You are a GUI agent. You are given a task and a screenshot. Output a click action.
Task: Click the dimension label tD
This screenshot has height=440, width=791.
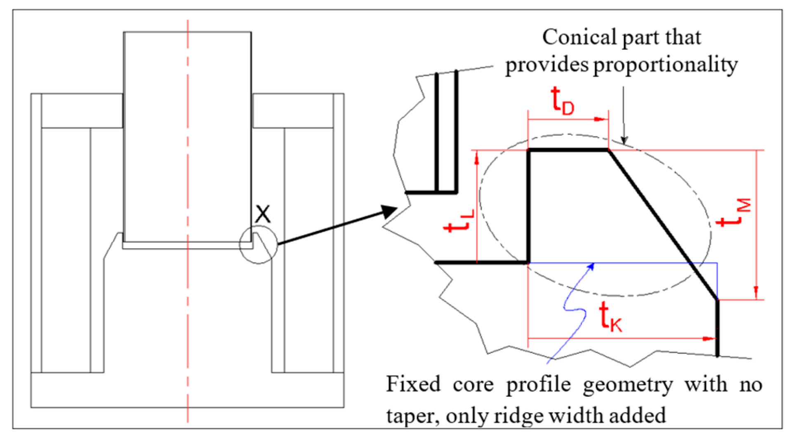coord(562,101)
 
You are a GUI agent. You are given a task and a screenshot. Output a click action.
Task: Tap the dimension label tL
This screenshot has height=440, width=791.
coord(459,222)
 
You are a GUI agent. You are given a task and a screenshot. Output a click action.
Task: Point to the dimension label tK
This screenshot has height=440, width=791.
coord(610,316)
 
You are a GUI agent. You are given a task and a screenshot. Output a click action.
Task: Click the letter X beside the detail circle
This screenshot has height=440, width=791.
coord(263,214)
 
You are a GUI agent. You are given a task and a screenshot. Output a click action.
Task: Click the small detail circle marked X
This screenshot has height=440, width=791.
coord(258,245)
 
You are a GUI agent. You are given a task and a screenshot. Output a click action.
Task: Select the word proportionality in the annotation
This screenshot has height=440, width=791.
coord(665,65)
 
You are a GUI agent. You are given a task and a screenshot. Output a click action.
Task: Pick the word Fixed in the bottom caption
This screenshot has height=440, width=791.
coord(413,384)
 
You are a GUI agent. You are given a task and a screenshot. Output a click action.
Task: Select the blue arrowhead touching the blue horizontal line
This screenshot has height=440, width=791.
coord(591,266)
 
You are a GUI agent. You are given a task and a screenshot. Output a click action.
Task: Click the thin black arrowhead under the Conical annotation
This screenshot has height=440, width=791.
coord(624,140)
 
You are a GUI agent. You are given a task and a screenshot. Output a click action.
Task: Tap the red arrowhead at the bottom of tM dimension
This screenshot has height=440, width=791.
coord(756,293)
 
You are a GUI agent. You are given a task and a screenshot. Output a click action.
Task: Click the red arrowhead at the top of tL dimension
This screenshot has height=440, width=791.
coord(477,158)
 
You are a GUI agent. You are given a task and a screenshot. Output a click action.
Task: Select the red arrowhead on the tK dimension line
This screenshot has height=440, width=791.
coord(709,339)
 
